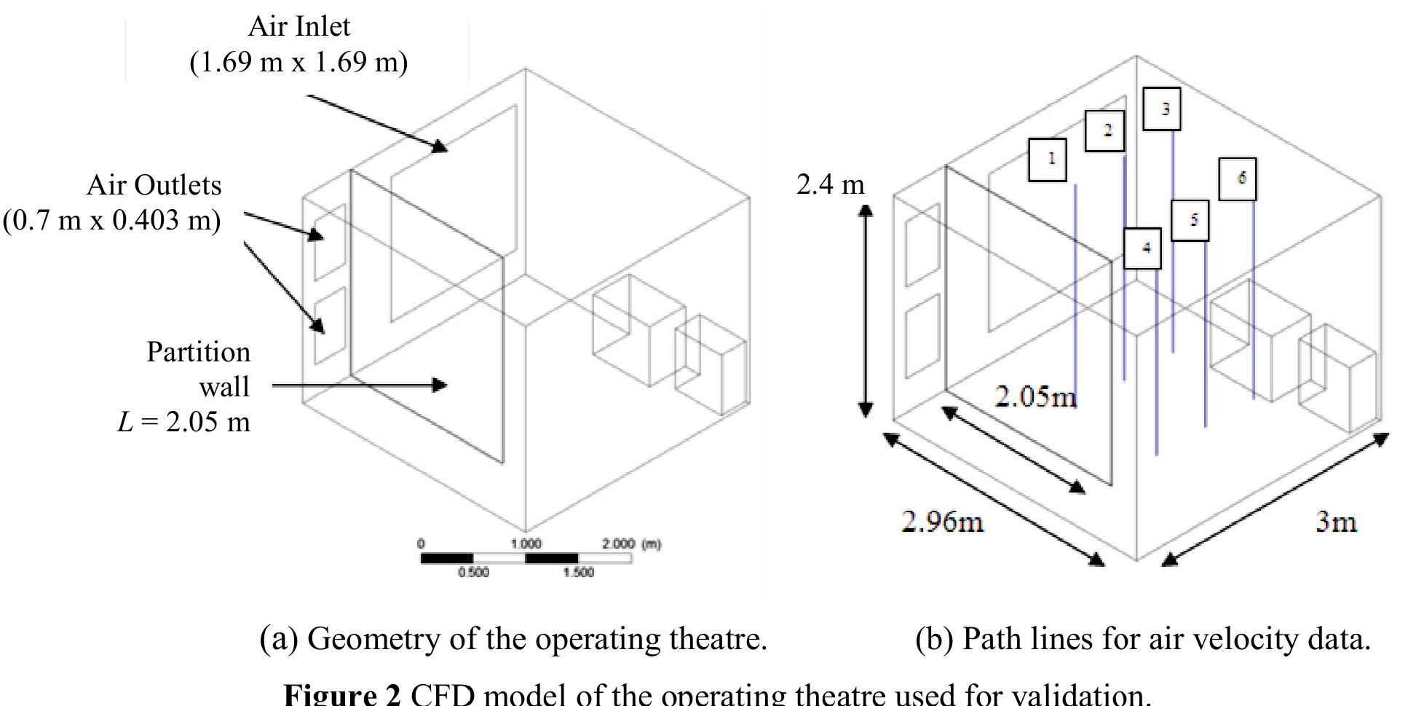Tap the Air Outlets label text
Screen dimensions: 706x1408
coord(154,186)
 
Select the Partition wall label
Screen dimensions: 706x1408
coord(198,370)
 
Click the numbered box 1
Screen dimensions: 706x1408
coord(1048,160)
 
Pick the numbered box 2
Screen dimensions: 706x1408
coord(1104,131)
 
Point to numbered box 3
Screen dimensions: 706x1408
coord(1161,109)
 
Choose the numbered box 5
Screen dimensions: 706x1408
coord(1190,221)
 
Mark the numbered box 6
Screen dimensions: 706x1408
coord(1236,179)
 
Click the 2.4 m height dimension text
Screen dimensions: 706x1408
coord(830,185)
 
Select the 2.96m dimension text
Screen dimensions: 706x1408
coord(942,522)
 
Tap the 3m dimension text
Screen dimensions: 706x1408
coord(1336,522)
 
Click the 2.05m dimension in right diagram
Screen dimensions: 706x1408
coord(1035,397)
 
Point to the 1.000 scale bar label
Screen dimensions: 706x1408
coord(526,544)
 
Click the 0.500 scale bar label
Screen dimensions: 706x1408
coord(473,573)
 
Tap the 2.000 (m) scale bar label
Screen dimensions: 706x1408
coord(630,544)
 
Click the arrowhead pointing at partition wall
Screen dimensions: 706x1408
coord(439,385)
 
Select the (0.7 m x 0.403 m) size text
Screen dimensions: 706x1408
coord(111,220)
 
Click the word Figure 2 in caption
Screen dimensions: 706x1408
coord(341,694)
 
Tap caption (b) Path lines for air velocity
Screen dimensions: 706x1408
coord(1142,639)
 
